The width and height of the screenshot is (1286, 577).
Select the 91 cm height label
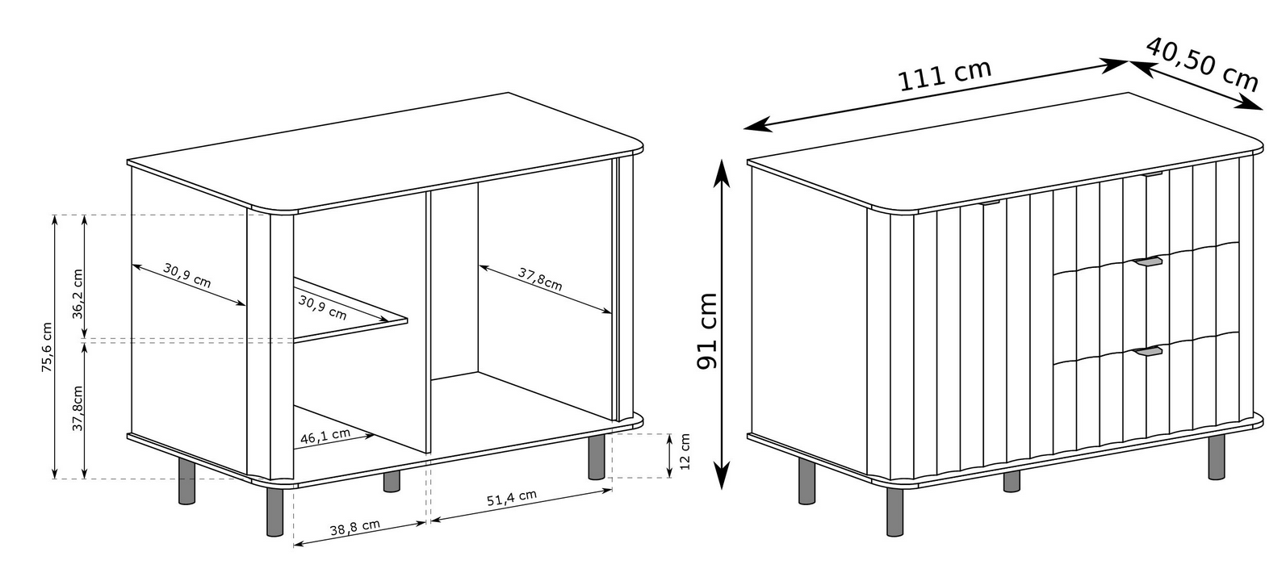(x=706, y=332)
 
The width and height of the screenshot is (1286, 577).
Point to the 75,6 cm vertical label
(x=47, y=347)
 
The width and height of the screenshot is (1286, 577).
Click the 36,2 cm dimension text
(x=77, y=294)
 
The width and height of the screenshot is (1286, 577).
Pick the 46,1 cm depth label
(x=325, y=436)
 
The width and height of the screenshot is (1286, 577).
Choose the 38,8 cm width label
(x=354, y=527)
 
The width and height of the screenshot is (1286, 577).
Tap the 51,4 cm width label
(x=512, y=498)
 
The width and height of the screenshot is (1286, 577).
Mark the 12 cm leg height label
(x=685, y=452)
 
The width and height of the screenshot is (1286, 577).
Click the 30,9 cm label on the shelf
(x=322, y=307)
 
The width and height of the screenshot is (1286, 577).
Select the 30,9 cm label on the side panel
(x=187, y=275)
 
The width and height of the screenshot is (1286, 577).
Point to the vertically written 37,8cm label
(x=77, y=408)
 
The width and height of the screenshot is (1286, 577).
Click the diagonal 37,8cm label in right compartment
(x=540, y=278)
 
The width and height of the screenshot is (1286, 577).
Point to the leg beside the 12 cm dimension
(x=597, y=458)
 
